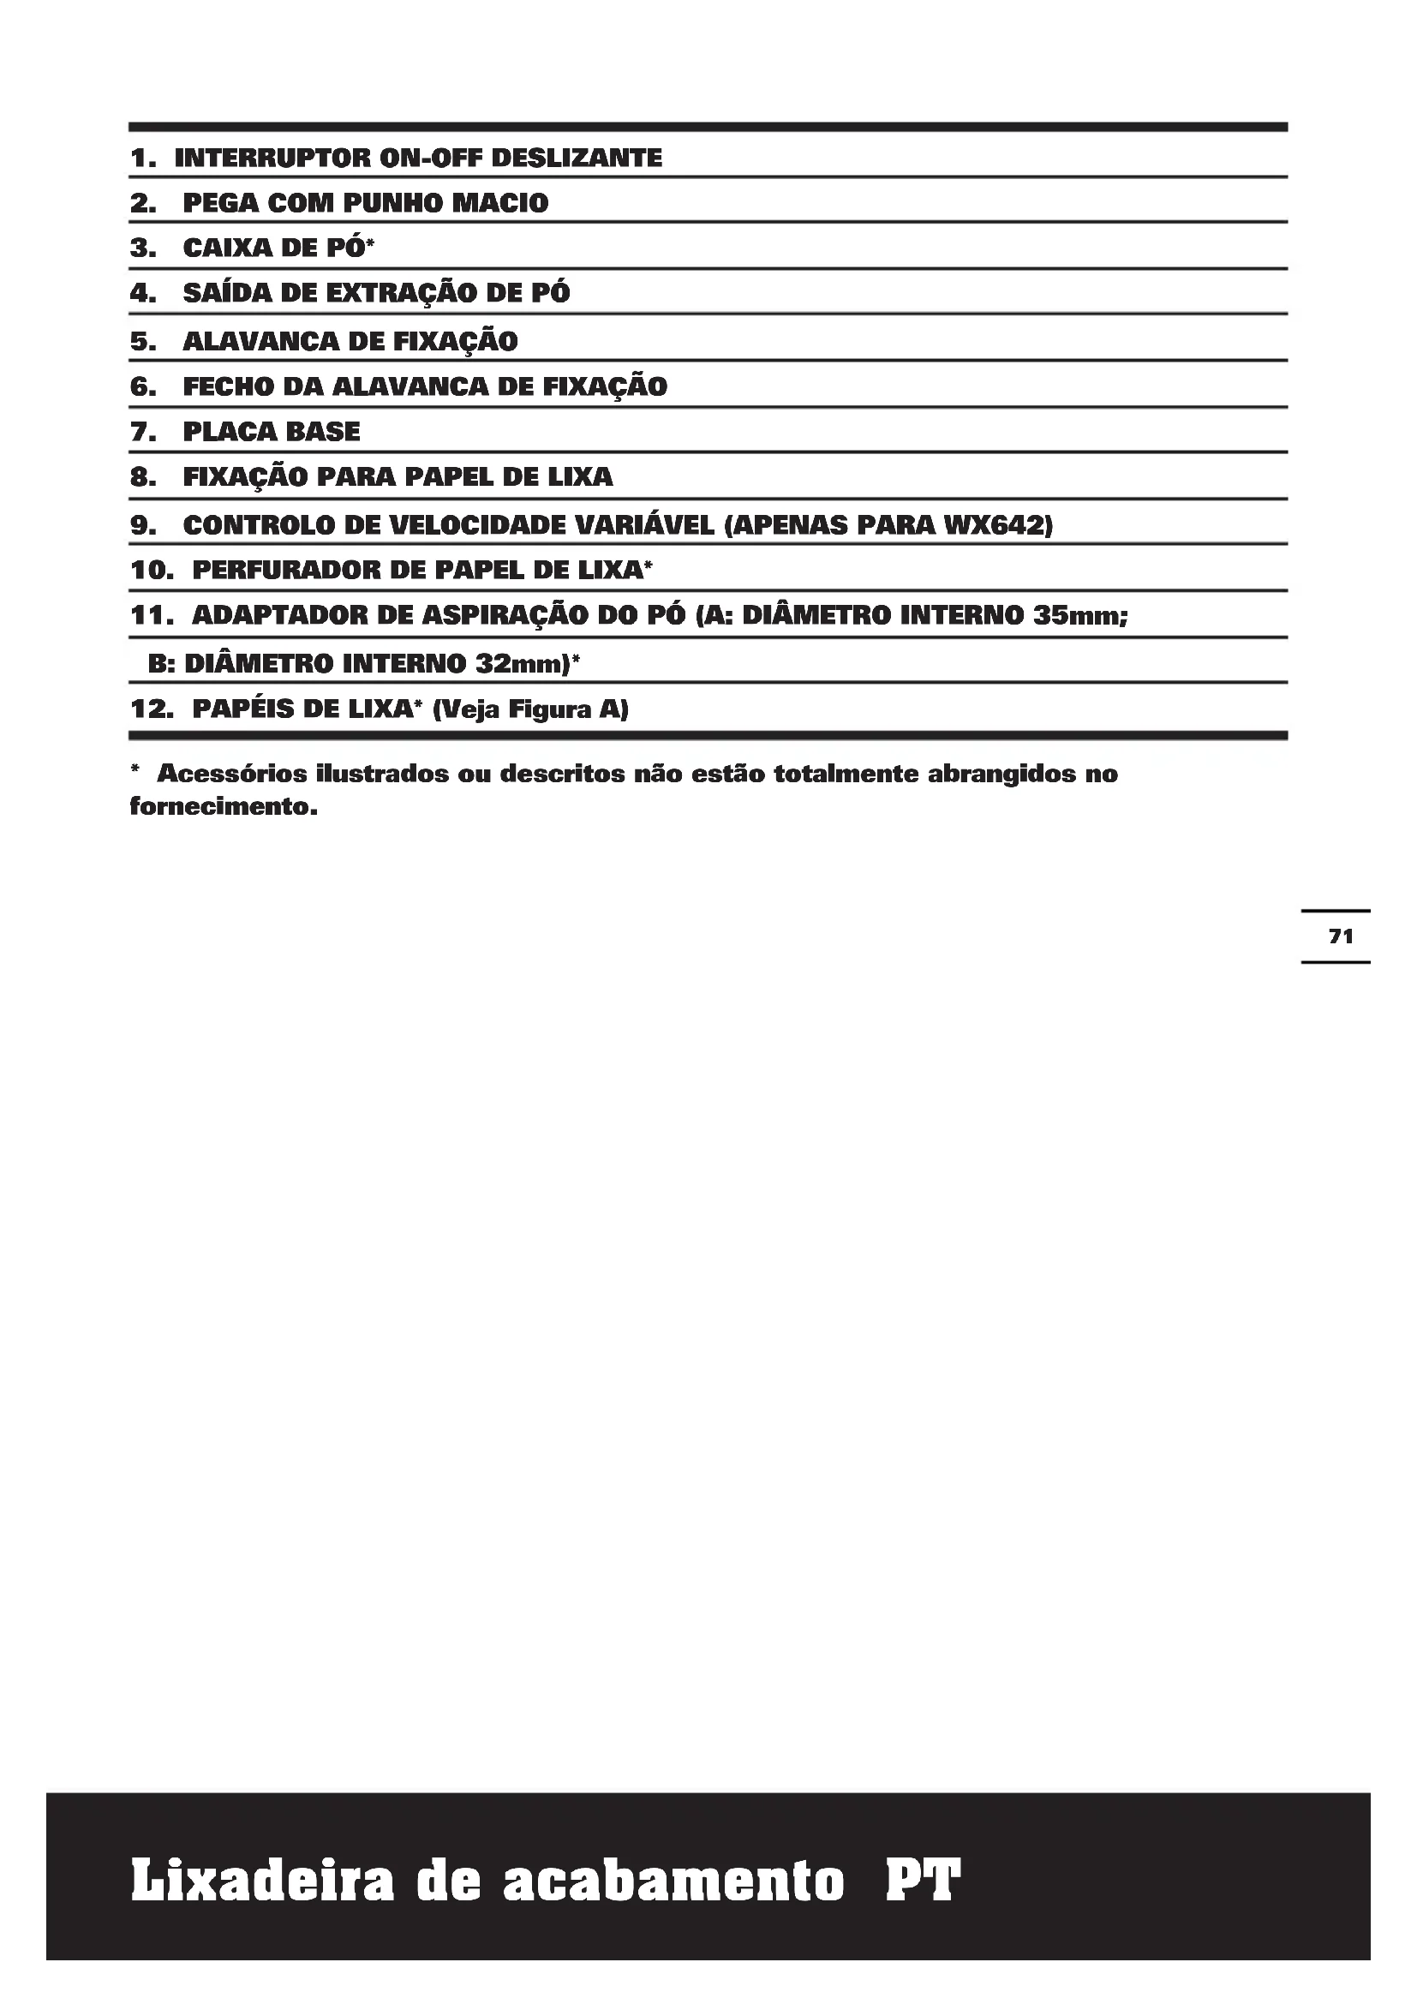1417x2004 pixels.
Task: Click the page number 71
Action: pos(1340,936)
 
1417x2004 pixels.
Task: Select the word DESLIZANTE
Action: pos(577,158)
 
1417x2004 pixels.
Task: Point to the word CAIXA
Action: pos(226,248)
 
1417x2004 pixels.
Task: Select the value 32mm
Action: pos(522,664)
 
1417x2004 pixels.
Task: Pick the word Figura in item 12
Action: pos(550,709)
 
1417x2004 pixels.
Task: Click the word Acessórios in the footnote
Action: pos(231,775)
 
